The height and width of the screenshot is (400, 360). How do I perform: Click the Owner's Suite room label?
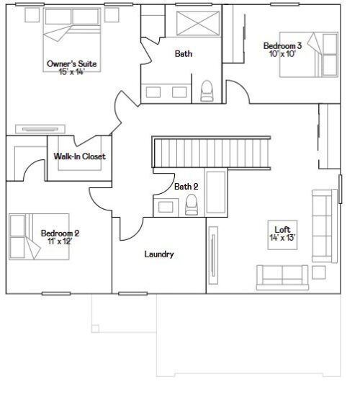[72, 63]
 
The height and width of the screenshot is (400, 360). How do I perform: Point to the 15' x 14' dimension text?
[72, 72]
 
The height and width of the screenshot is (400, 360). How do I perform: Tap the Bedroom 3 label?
[282, 45]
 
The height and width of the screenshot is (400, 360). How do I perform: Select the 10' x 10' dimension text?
[282, 54]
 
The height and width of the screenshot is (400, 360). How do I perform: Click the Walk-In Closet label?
[79, 156]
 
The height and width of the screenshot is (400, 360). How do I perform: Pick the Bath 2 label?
[186, 187]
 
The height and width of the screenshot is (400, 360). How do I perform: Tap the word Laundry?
[158, 254]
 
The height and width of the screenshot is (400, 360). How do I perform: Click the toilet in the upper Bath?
[207, 90]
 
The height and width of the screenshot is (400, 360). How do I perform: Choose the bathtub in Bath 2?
[215, 192]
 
